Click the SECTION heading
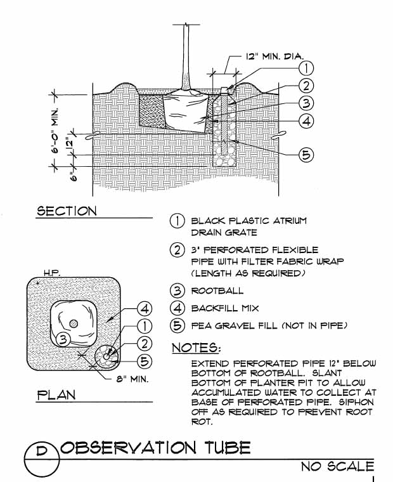click(x=67, y=211)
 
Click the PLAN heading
click(x=56, y=394)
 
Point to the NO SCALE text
click(x=337, y=467)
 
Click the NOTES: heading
click(x=197, y=349)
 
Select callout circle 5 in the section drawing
click(x=306, y=154)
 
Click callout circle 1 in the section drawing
click(x=306, y=68)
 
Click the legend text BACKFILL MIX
click(x=222, y=309)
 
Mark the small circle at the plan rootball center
click(x=74, y=323)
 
